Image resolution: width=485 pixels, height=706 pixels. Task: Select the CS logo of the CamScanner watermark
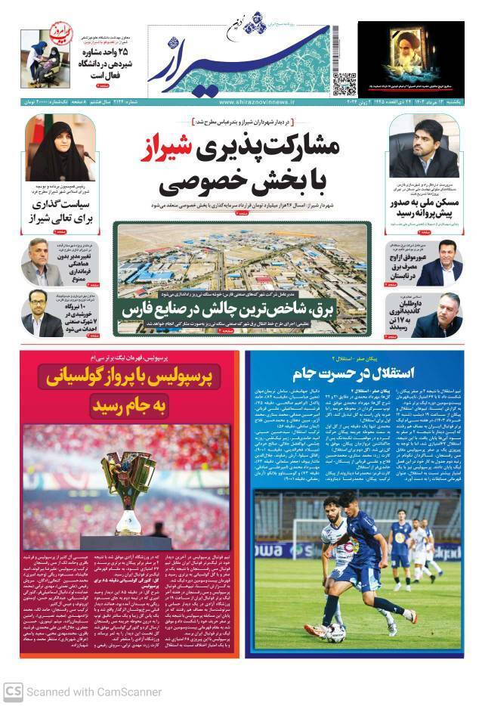point(12,691)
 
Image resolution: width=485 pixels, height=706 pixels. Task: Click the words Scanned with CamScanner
point(94,691)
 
